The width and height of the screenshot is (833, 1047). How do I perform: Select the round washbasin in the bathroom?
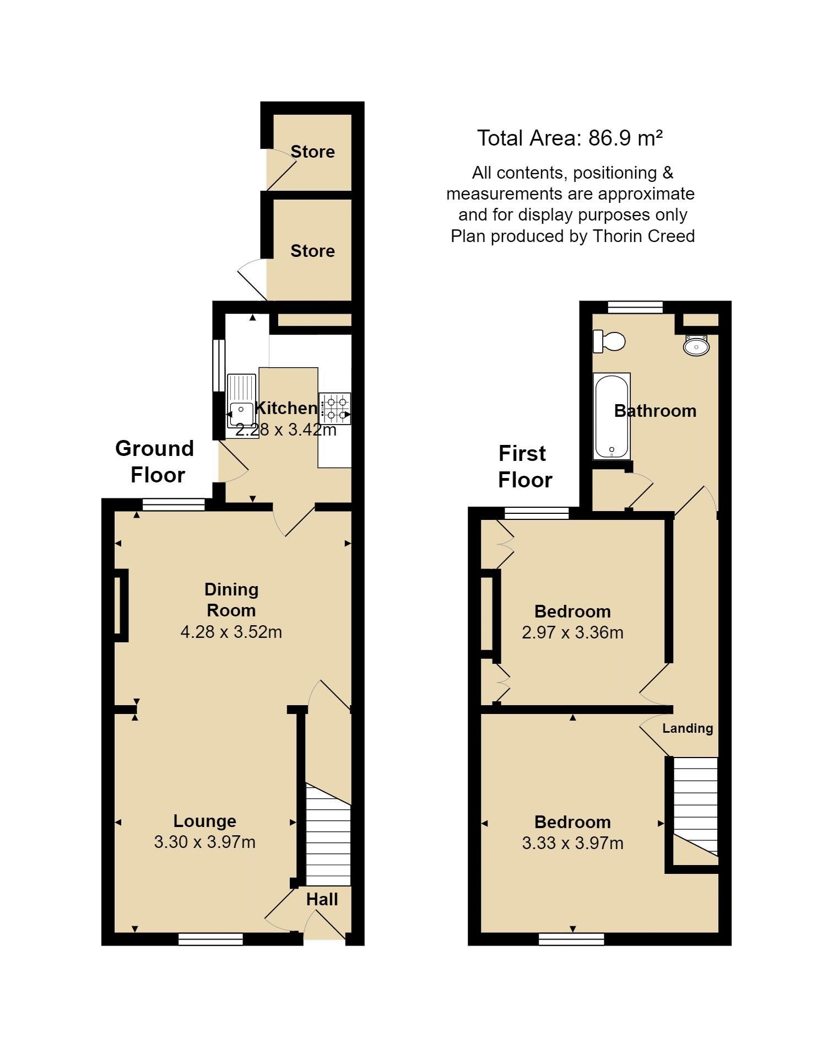[x=696, y=346]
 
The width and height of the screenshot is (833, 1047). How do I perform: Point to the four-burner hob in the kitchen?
[x=335, y=409]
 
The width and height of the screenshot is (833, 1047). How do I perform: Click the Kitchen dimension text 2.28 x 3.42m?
[x=286, y=429]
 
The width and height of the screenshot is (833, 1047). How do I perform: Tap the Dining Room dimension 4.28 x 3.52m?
[x=231, y=631]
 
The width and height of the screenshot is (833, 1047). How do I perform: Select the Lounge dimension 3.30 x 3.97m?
[x=205, y=842]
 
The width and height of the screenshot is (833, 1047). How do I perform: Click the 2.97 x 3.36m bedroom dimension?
[x=573, y=632]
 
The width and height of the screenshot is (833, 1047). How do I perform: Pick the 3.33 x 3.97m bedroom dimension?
[x=573, y=843]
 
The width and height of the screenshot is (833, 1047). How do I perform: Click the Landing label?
[x=688, y=728]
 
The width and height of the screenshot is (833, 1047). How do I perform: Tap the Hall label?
[x=322, y=899]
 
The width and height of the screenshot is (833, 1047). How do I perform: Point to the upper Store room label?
[x=313, y=152]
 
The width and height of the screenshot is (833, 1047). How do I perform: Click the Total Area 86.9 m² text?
[x=570, y=138]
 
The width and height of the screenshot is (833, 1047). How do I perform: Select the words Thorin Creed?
[x=644, y=236]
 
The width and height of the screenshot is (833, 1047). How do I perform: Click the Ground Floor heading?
[x=155, y=461]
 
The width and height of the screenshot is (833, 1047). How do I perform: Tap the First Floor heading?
[x=525, y=466]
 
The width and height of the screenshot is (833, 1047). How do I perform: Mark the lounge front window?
[x=211, y=938]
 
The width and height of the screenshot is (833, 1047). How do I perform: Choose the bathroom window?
[x=635, y=307]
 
